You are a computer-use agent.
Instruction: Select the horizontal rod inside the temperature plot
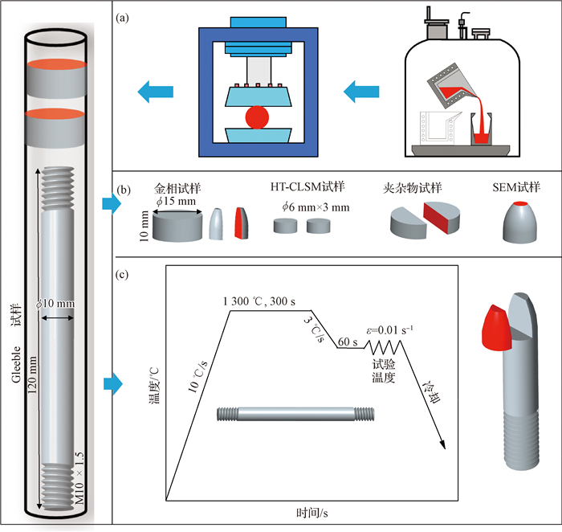tap(297, 415)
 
